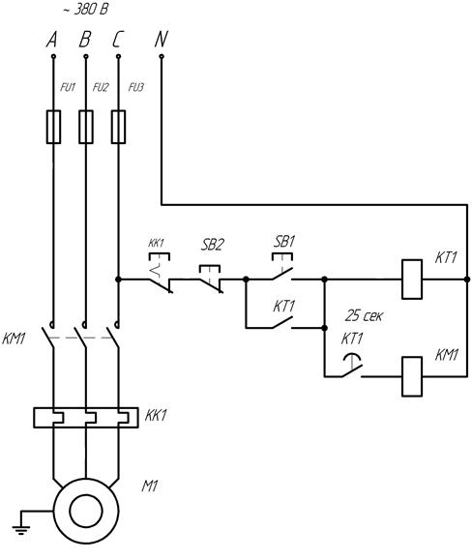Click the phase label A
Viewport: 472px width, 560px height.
click(52, 40)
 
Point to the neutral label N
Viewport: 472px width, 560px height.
click(161, 40)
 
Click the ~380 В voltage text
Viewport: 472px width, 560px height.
click(85, 10)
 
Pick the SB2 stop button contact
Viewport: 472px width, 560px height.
click(211, 280)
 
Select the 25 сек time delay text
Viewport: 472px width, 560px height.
click(364, 315)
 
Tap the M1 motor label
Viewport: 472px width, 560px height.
click(150, 486)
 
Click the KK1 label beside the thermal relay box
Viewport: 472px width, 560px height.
click(156, 415)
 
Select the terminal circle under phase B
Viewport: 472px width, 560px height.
click(86, 56)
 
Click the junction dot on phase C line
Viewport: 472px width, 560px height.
click(118, 280)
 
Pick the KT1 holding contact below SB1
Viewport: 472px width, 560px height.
click(282, 322)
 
